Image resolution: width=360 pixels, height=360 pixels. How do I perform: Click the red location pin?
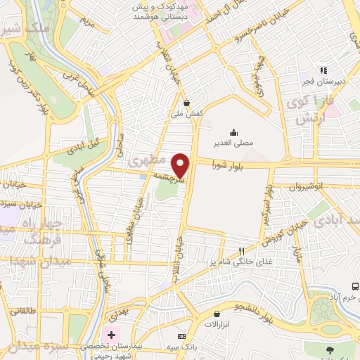[x=181, y=165]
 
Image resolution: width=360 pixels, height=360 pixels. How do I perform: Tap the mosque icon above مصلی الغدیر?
[x=233, y=131]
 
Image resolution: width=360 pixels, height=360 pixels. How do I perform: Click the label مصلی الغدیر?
[x=233, y=143]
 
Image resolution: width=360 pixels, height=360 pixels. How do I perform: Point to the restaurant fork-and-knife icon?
[x=242, y=251]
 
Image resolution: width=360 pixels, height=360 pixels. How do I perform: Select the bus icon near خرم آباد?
[x=355, y=287]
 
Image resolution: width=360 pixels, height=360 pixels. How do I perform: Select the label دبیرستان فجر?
[x=316, y=82]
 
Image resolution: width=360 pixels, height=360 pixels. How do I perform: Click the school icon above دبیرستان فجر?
[x=323, y=70]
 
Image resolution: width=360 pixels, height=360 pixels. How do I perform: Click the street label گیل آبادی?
[x=84, y=146]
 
